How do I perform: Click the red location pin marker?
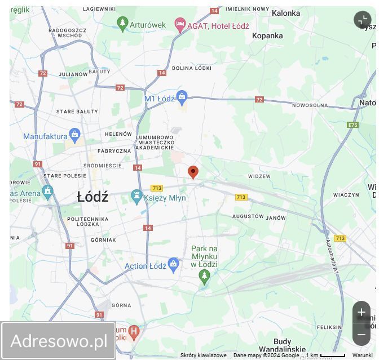tap(193, 172)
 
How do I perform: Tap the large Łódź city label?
tap(92, 197)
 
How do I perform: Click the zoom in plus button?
tap(361, 312)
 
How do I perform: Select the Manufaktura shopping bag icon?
tap(74, 135)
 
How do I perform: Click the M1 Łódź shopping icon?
tap(182, 97)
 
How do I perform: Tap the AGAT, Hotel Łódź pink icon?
tap(180, 25)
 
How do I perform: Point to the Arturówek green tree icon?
tap(122, 23)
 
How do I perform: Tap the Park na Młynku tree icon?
tap(204, 275)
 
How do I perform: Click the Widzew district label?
tap(259, 176)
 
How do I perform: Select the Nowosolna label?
tap(310, 105)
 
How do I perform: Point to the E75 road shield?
tap(353, 125)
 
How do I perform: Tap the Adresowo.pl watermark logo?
tap(59, 341)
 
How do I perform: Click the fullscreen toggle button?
tap(363, 20)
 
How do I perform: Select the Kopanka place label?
tap(267, 35)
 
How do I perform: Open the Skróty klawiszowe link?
tap(203, 355)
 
